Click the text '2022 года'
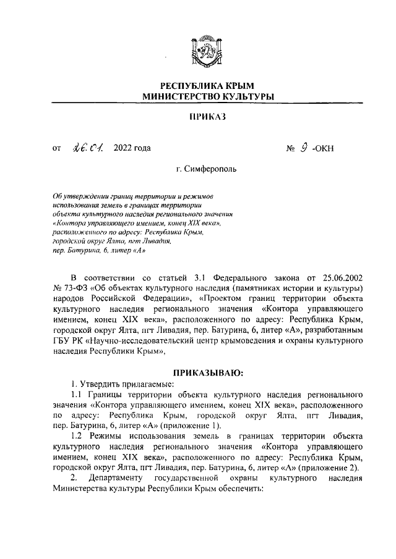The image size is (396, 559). pyautogui.click(x=132, y=148)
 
